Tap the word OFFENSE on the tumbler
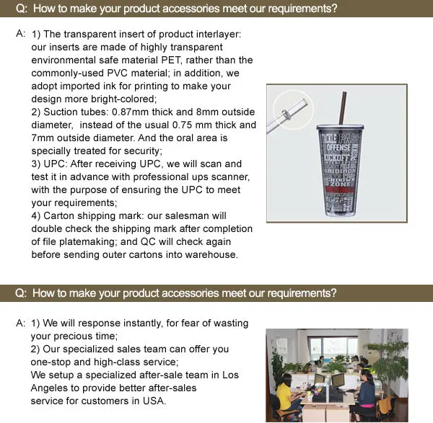pyautogui.click(x=336, y=147)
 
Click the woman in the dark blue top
pyautogui.click(x=366, y=395)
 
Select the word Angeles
pyautogui.click(x=53, y=388)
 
